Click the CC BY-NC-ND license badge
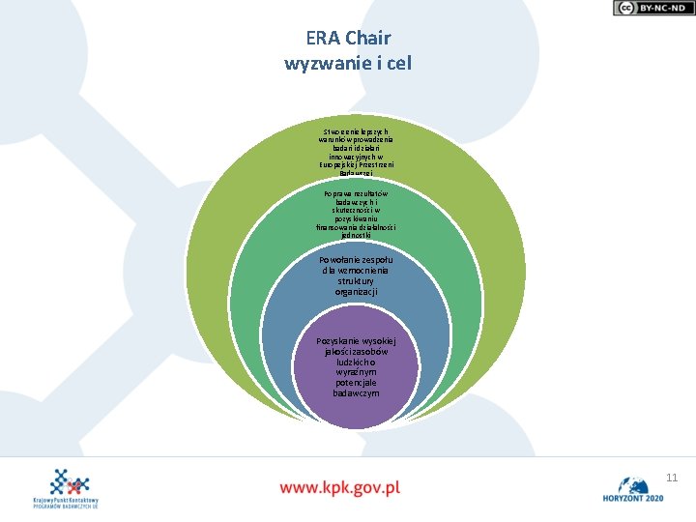point(652,8)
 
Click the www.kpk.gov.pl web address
point(340,486)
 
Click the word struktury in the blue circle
point(356,281)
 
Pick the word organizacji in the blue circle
point(356,291)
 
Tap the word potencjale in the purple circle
point(356,383)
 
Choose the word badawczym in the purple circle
point(356,393)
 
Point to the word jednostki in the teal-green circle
point(356,235)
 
